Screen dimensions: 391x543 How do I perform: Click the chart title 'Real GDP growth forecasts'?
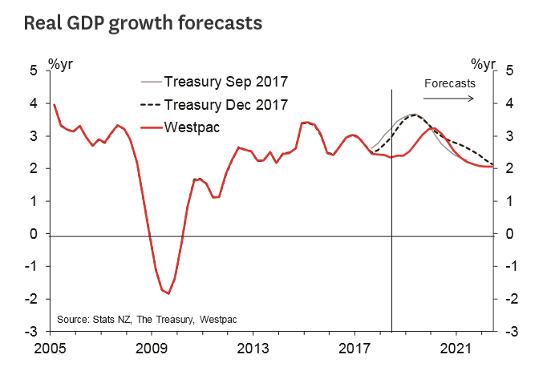(143, 22)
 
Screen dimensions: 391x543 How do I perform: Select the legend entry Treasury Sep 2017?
(225, 82)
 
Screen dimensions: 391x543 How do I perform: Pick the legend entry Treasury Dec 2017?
(225, 104)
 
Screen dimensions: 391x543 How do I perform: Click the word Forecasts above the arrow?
(449, 83)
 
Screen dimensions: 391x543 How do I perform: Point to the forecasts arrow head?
(474, 98)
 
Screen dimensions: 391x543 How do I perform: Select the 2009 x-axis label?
(152, 349)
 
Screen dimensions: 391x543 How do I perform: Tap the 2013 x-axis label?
(253, 349)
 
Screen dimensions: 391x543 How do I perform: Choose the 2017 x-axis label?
(354, 349)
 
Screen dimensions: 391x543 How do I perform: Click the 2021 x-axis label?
(456, 349)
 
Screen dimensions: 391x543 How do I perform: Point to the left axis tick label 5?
(34, 71)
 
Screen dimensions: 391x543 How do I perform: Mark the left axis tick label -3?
(32, 331)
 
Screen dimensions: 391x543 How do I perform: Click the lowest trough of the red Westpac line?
(168, 293)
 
